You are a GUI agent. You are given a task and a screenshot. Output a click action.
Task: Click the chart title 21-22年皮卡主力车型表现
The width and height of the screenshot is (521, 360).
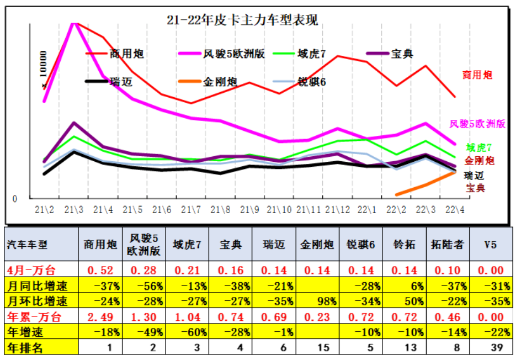(x=242, y=20)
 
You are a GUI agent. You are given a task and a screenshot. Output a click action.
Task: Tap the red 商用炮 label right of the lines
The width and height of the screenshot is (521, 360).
(x=477, y=75)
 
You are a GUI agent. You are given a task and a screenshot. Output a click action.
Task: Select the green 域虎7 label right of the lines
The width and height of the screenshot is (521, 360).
(x=478, y=147)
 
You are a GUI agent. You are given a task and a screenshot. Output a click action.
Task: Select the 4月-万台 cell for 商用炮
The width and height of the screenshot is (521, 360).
(x=100, y=270)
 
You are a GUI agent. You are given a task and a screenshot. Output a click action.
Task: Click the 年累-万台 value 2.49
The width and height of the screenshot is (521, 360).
(x=100, y=316)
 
